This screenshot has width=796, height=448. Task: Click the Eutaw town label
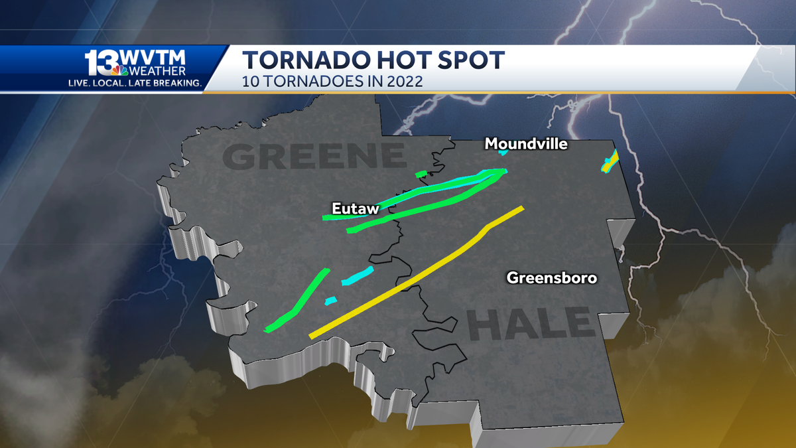pos(356,209)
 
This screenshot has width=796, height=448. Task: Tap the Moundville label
pos(526,143)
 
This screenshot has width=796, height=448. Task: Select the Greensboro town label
pos(552,277)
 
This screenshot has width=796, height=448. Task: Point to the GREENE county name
pos(314,157)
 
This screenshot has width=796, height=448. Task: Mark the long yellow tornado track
pos(417,273)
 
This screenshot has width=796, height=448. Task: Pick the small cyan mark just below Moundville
pos(503,153)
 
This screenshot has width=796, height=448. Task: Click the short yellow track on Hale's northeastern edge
pos(610,161)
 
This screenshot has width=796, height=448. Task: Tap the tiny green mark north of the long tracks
pos(421,174)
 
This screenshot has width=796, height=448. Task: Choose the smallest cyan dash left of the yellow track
pos(330,301)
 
